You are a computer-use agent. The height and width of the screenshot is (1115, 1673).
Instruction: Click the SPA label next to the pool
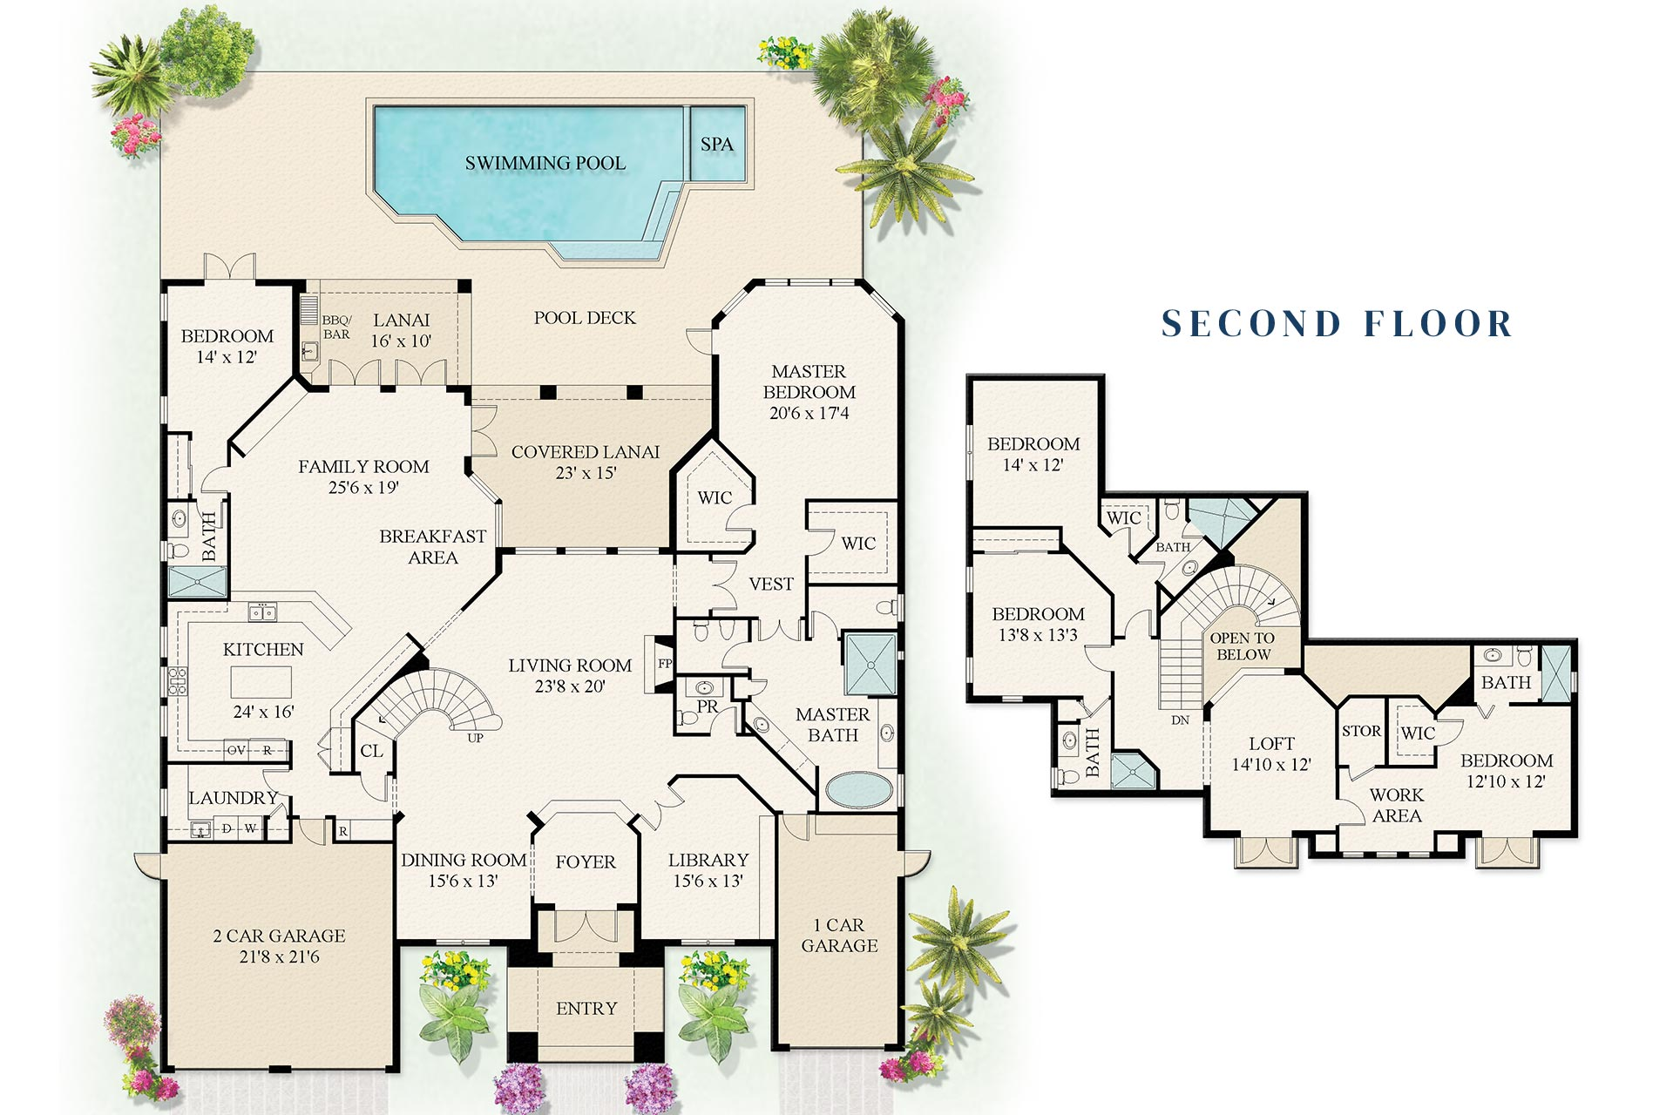coord(716,145)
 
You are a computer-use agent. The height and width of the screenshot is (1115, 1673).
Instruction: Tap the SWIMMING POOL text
coord(545,163)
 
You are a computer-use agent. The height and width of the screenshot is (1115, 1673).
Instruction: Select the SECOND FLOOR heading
coord(1337,323)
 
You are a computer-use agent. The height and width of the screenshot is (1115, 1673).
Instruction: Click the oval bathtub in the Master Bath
coord(858,791)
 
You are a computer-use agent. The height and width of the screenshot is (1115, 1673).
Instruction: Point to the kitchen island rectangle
coord(261,680)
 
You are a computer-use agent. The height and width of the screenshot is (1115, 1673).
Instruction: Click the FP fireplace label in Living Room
coord(665,664)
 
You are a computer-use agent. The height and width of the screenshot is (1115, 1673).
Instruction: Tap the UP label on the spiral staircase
coord(475,738)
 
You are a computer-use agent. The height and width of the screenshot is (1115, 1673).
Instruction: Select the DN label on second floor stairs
coord(1180,720)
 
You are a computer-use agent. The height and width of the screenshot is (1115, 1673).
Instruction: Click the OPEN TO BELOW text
coord(1243,646)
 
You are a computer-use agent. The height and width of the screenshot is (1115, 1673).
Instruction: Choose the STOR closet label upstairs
coord(1361,732)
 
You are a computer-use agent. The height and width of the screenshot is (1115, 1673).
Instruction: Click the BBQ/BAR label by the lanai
coord(336,328)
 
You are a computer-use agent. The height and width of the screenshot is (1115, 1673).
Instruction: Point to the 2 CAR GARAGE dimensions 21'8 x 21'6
coord(279,957)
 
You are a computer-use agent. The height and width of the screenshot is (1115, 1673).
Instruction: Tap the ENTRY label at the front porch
coord(586,1009)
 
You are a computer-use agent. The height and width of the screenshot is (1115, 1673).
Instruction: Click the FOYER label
coord(586,862)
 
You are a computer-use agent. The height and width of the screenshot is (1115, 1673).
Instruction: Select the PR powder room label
coord(708,706)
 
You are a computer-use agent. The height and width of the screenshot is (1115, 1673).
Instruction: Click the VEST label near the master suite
coord(771,585)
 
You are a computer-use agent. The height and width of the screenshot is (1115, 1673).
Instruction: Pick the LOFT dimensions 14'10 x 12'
coord(1270,765)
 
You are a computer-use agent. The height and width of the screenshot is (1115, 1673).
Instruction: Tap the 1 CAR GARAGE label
coord(838,936)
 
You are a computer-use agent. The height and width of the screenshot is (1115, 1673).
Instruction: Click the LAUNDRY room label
coord(233,798)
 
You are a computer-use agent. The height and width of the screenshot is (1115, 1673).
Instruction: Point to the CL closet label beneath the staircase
coord(371,751)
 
